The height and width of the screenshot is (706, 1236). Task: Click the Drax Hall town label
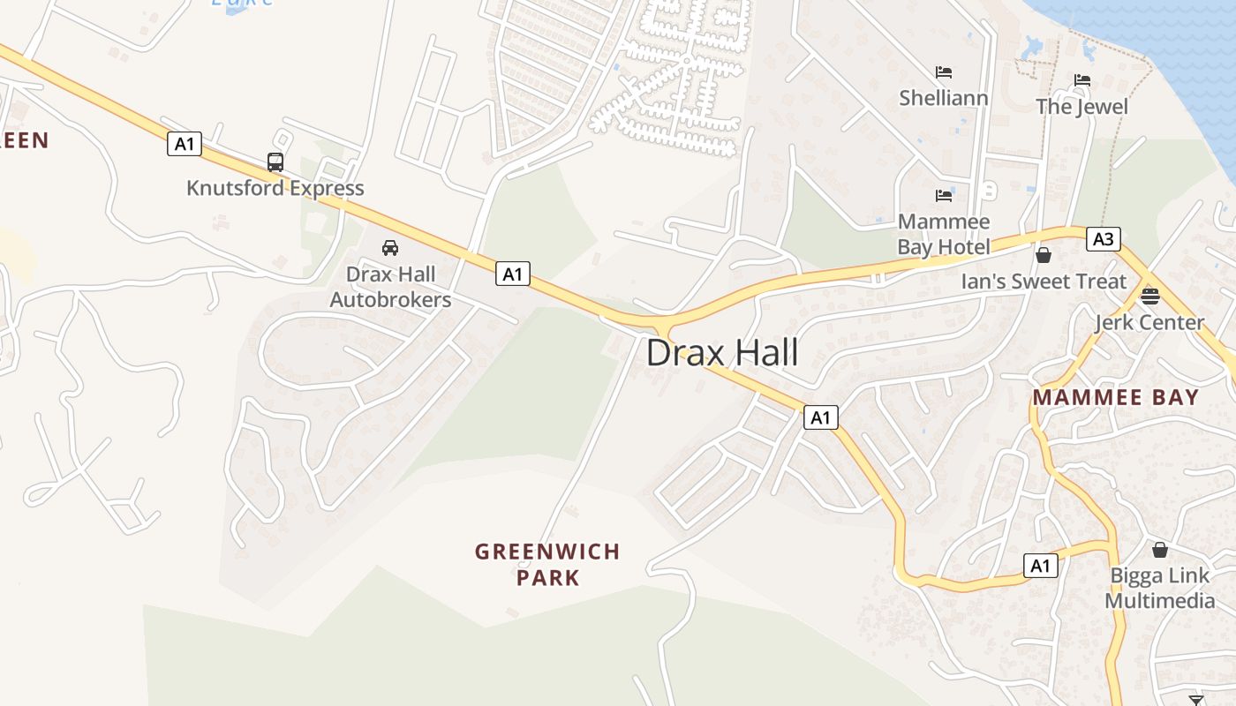tap(722, 353)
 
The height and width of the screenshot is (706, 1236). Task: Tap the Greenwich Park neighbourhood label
tap(547, 565)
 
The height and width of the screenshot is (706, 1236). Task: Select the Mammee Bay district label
tap(1116, 397)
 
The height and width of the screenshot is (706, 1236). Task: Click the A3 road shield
tap(1103, 239)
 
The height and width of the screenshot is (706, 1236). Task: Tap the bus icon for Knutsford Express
tap(275, 162)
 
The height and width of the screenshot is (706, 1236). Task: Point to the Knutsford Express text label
tap(275, 188)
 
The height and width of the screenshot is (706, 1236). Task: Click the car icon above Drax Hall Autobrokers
tap(390, 248)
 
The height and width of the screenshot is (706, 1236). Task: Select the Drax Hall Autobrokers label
tap(390, 287)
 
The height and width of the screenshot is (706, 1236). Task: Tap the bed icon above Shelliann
tap(944, 72)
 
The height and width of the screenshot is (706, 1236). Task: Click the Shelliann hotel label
tap(944, 98)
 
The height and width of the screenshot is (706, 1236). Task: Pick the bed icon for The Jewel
tap(1082, 81)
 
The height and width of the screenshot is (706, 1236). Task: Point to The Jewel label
tap(1082, 107)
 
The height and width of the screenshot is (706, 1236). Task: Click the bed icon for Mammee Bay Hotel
tap(944, 195)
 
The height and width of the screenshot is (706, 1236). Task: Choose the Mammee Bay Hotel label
tap(944, 234)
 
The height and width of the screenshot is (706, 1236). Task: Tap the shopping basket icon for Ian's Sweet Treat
tap(1044, 256)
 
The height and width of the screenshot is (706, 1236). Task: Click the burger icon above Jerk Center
tap(1149, 296)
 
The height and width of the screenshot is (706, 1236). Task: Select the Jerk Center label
tap(1149, 322)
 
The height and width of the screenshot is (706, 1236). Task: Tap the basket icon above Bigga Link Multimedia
tap(1160, 550)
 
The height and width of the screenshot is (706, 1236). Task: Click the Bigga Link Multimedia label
tap(1160, 589)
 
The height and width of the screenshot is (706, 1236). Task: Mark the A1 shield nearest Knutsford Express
tap(185, 144)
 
